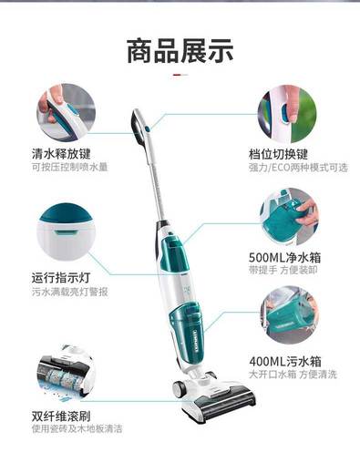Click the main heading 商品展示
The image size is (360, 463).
coord(180,51)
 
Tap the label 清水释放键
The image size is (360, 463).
coord(61,153)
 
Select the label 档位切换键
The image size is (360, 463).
coord(278,154)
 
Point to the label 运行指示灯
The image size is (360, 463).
coord(61,278)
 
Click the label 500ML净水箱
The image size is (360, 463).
coord(285,258)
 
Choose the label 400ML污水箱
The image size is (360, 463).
coord(285,362)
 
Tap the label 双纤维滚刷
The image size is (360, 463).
coord(61,416)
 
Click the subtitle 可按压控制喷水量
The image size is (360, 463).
coord(69,167)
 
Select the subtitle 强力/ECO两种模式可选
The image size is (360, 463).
coord(298,168)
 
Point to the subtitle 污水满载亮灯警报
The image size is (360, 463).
coord(69,292)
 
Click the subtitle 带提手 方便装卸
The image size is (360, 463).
coord(283,270)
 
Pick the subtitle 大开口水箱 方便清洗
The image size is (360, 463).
coord(293,375)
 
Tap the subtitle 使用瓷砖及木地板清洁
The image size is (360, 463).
coord(77,428)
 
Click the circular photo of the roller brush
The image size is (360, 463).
coord(66,375)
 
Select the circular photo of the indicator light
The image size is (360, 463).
coord(66,232)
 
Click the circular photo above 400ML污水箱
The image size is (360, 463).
coord(289,315)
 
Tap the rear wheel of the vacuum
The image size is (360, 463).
coord(180,388)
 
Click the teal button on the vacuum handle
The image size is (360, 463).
coord(147,129)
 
